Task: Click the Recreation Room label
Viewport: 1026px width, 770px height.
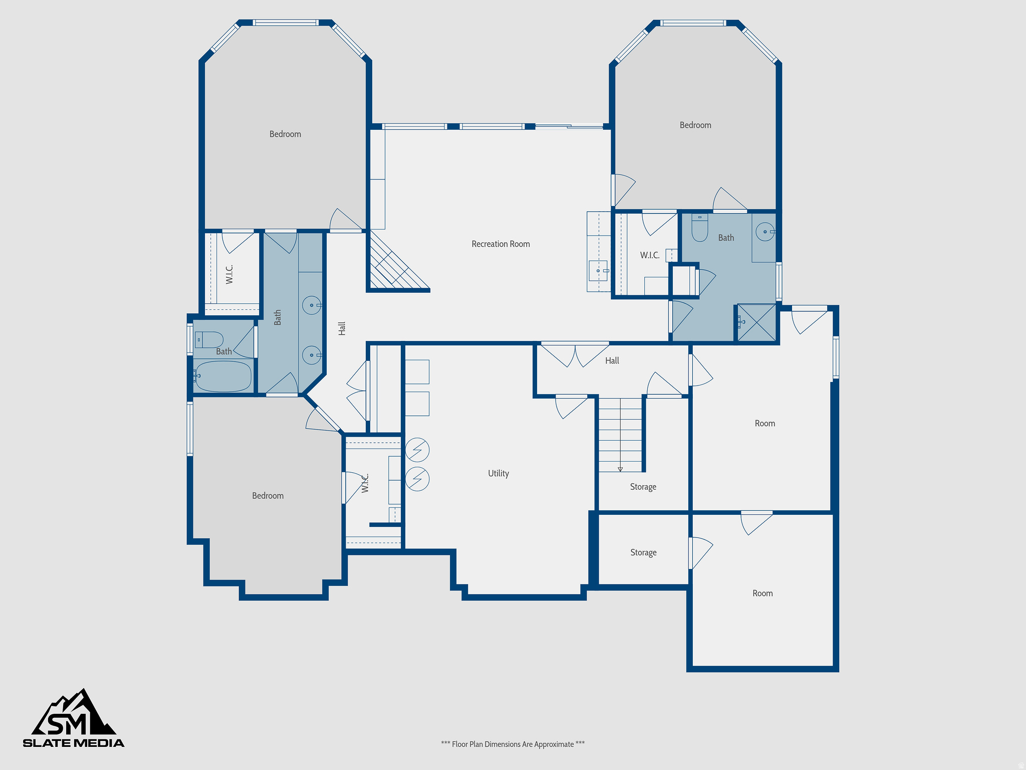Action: coord(500,244)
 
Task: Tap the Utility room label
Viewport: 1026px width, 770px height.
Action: coord(498,473)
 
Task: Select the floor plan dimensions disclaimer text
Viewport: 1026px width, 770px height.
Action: coord(512,744)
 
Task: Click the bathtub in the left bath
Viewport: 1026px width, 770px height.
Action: coord(223,376)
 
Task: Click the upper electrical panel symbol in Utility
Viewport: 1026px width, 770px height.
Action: coord(417,450)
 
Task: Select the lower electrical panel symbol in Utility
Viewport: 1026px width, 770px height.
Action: coord(417,479)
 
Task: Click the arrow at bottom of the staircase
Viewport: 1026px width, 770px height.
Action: coord(620,469)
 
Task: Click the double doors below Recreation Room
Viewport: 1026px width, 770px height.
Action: coord(575,354)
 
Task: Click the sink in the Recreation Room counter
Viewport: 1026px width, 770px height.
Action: coord(598,271)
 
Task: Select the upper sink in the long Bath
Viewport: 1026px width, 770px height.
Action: coord(311,305)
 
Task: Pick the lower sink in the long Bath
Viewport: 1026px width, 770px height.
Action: coord(311,355)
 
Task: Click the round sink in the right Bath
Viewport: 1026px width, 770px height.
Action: coord(765,232)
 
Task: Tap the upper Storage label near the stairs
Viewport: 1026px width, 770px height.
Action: coord(643,487)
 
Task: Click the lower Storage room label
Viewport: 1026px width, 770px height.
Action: coord(643,552)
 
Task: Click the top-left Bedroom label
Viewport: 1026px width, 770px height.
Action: coord(285,134)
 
